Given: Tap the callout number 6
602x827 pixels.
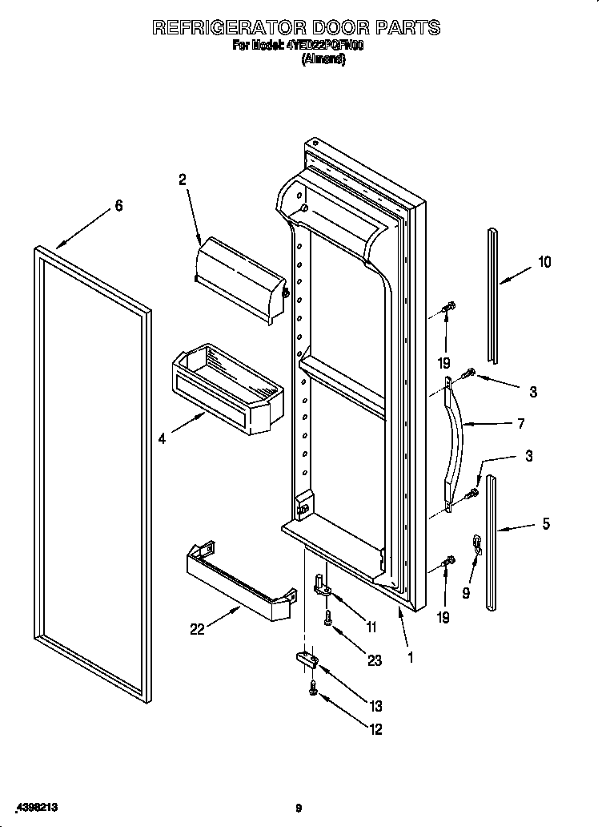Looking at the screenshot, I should (118, 206).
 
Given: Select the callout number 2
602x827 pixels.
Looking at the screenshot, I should (183, 180).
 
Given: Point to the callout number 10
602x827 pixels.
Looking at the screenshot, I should (544, 262).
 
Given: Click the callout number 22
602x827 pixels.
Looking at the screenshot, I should (197, 629).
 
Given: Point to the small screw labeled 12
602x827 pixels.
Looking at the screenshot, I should (313, 688).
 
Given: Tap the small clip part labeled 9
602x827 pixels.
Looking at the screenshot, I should (477, 544).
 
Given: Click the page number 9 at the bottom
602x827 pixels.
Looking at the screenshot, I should (298, 808).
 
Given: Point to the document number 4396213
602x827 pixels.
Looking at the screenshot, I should (37, 807).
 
